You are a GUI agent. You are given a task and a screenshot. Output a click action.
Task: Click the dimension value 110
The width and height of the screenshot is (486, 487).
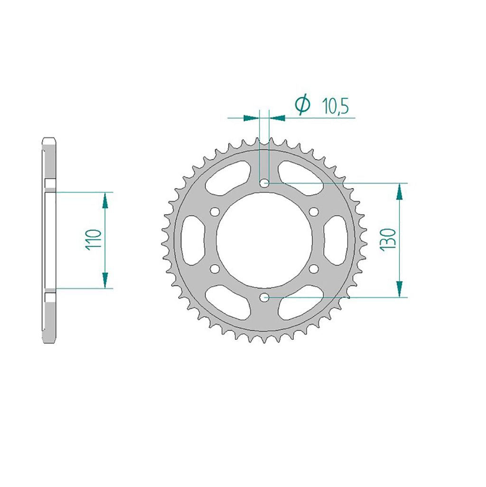pyautogui.click(x=93, y=239)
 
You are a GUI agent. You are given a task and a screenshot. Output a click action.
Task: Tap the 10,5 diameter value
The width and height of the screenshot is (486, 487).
pyautogui.click(x=336, y=106)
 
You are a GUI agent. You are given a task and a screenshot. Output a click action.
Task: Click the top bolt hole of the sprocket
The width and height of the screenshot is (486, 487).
pyautogui.click(x=264, y=183)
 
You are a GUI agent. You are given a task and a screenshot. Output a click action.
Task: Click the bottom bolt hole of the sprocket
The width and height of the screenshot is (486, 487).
pyautogui.click(x=264, y=297)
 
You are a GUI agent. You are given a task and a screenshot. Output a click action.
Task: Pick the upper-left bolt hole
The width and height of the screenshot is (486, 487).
pyautogui.click(x=215, y=212)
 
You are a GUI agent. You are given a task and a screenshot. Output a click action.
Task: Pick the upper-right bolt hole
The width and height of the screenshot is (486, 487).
pyautogui.click(x=314, y=212)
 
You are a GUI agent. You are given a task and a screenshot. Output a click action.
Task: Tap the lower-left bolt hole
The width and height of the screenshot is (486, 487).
pyautogui.click(x=215, y=268)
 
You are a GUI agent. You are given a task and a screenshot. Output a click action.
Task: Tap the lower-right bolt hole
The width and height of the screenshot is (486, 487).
pyautogui.click(x=314, y=268)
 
